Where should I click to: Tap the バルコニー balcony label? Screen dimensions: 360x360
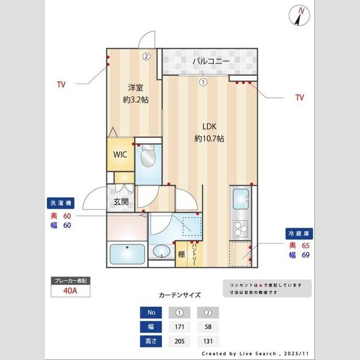[208, 61]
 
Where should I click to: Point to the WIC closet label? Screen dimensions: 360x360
[121, 154]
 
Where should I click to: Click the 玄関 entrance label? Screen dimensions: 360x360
[121, 202]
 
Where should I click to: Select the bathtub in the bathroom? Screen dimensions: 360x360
[126, 254]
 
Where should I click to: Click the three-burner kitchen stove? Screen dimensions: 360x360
[241, 228]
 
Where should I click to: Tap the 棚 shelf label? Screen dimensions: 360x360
[181, 254]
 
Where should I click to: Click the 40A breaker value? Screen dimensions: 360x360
[70, 291]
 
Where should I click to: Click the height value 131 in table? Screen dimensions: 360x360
[208, 341]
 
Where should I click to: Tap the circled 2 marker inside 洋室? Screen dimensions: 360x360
[146, 56]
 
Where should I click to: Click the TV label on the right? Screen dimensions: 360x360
[299, 97]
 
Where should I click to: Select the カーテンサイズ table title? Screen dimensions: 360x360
[179, 295]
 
